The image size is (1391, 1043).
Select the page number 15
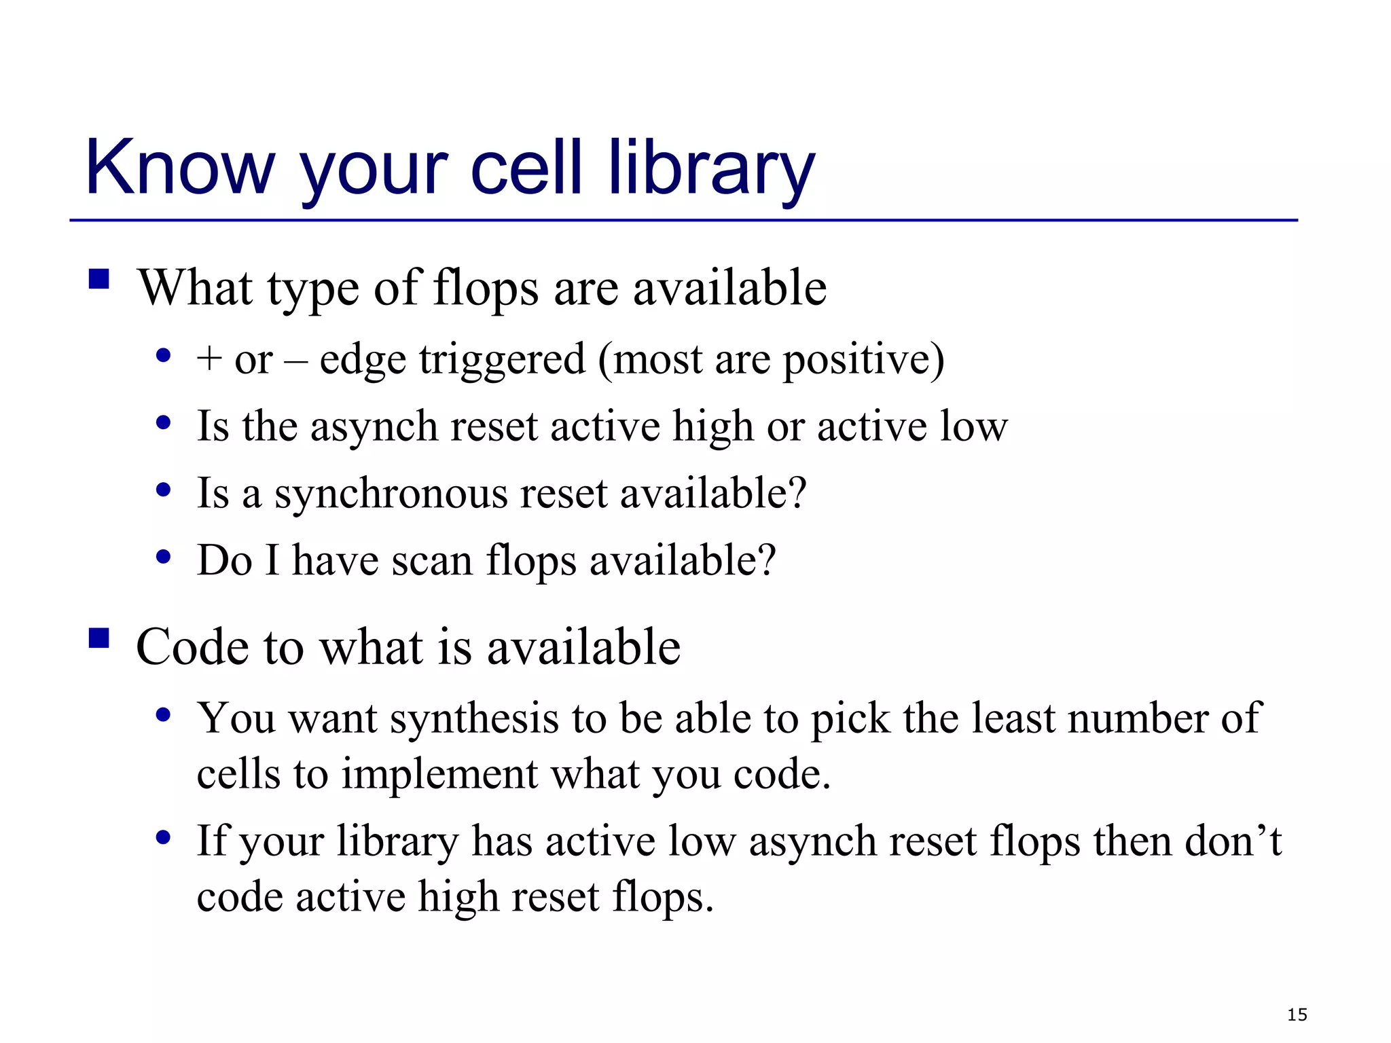pos(1297,1014)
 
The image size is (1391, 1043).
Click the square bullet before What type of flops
pos(99,279)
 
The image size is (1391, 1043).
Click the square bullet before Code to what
pos(99,638)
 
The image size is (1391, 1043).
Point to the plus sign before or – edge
pos(209,359)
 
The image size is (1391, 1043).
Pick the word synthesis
pos(473,718)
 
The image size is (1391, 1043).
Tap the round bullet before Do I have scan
pos(163,557)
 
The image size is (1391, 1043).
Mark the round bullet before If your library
pos(163,837)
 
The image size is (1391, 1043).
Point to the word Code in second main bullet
pos(192,646)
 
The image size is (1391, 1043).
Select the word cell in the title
pos(526,167)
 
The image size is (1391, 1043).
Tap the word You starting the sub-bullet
pos(235,718)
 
